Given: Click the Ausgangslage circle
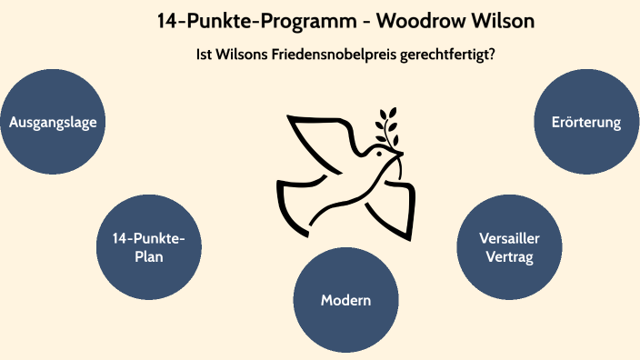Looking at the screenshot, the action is pyautogui.click(x=53, y=121).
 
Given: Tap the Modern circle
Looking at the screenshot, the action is pyautogui.click(x=346, y=300).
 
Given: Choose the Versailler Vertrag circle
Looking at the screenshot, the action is pyautogui.click(x=510, y=247).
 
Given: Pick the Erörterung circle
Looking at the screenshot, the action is pyautogui.click(x=586, y=121).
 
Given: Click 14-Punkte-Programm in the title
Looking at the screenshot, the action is pyautogui.click(x=234, y=20).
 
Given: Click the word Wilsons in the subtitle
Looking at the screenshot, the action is pyautogui.click(x=239, y=55).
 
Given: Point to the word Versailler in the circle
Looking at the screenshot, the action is pyautogui.click(x=510, y=238).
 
